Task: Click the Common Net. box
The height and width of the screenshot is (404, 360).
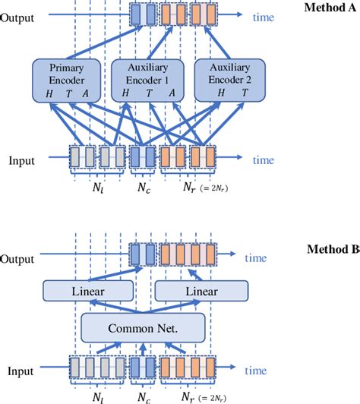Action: point(144,329)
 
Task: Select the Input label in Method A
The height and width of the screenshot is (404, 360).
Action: point(21,160)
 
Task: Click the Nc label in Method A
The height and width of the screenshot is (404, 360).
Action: point(143,186)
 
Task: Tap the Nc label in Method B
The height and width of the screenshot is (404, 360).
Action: point(143,397)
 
